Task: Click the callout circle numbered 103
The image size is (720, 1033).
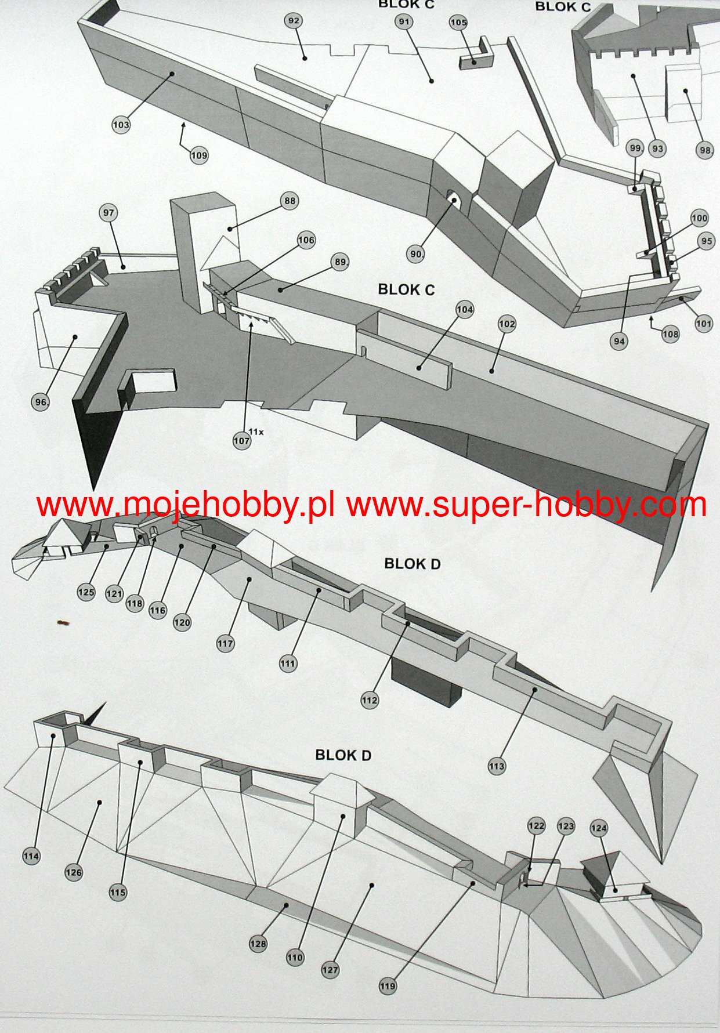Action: (121, 125)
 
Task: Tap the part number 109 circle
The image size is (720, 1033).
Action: (198, 155)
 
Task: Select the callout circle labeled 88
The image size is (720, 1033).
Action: (290, 201)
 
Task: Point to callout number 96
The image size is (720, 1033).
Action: (41, 402)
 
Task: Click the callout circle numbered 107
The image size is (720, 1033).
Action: (241, 441)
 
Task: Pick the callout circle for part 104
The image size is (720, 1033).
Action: (465, 310)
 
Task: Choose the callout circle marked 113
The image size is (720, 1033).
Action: (497, 766)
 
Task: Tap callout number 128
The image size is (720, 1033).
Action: (258, 944)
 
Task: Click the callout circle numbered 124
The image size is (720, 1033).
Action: (599, 828)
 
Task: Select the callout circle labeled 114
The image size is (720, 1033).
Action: (31, 856)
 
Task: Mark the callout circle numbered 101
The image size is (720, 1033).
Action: (704, 324)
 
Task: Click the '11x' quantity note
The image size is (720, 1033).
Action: (256, 432)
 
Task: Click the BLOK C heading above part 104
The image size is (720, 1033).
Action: (406, 289)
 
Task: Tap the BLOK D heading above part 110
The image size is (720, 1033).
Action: (343, 755)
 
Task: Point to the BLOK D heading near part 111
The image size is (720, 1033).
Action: (413, 563)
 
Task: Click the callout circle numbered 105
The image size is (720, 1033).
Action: (458, 23)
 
